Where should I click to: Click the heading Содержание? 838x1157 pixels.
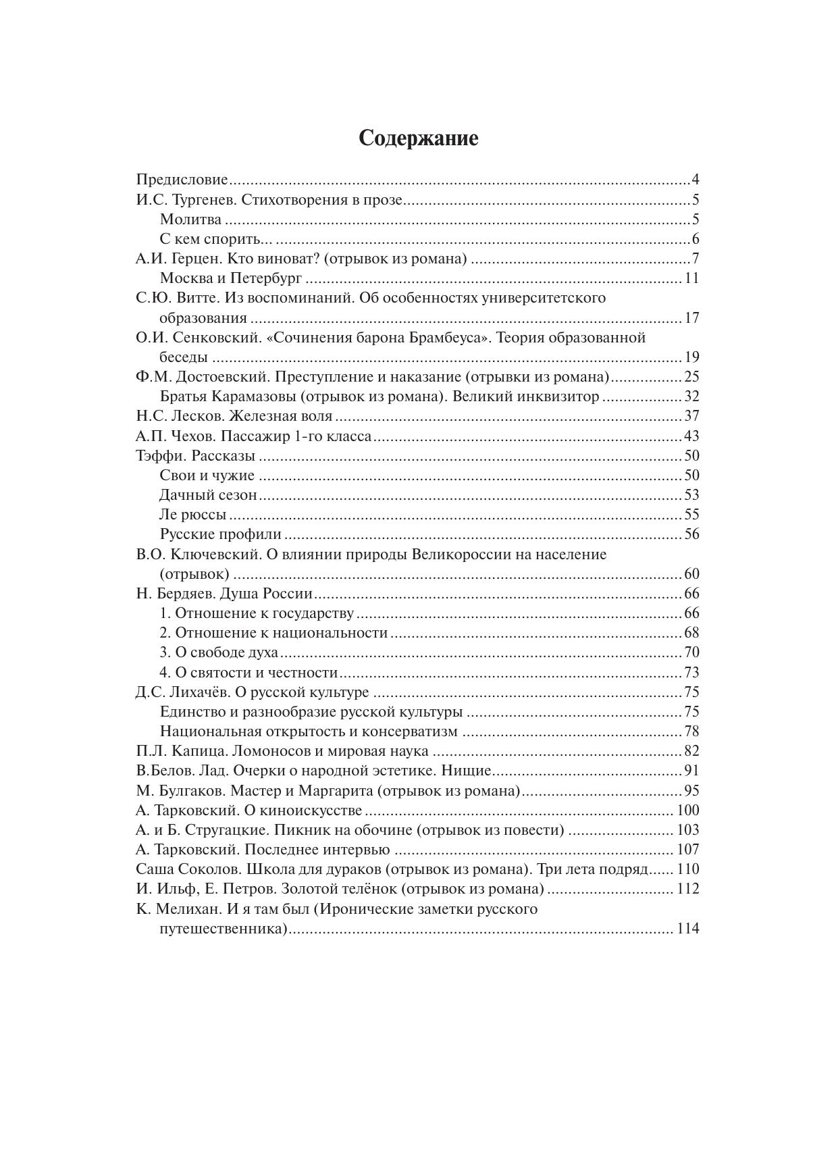click(418, 138)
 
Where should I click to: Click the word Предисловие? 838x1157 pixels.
click(182, 180)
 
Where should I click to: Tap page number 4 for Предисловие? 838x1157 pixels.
click(695, 180)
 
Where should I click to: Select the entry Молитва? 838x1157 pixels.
click(191, 220)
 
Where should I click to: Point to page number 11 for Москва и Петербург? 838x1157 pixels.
click(691, 278)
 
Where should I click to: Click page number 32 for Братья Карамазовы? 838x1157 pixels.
click(691, 396)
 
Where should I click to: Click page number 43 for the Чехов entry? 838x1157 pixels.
click(691, 436)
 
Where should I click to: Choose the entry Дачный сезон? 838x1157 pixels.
click(209, 495)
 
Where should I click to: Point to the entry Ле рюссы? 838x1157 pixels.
click(193, 515)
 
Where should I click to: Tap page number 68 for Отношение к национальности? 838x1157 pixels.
click(691, 633)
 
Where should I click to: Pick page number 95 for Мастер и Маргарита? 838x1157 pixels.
click(691, 791)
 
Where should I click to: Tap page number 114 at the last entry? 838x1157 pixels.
click(687, 929)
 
